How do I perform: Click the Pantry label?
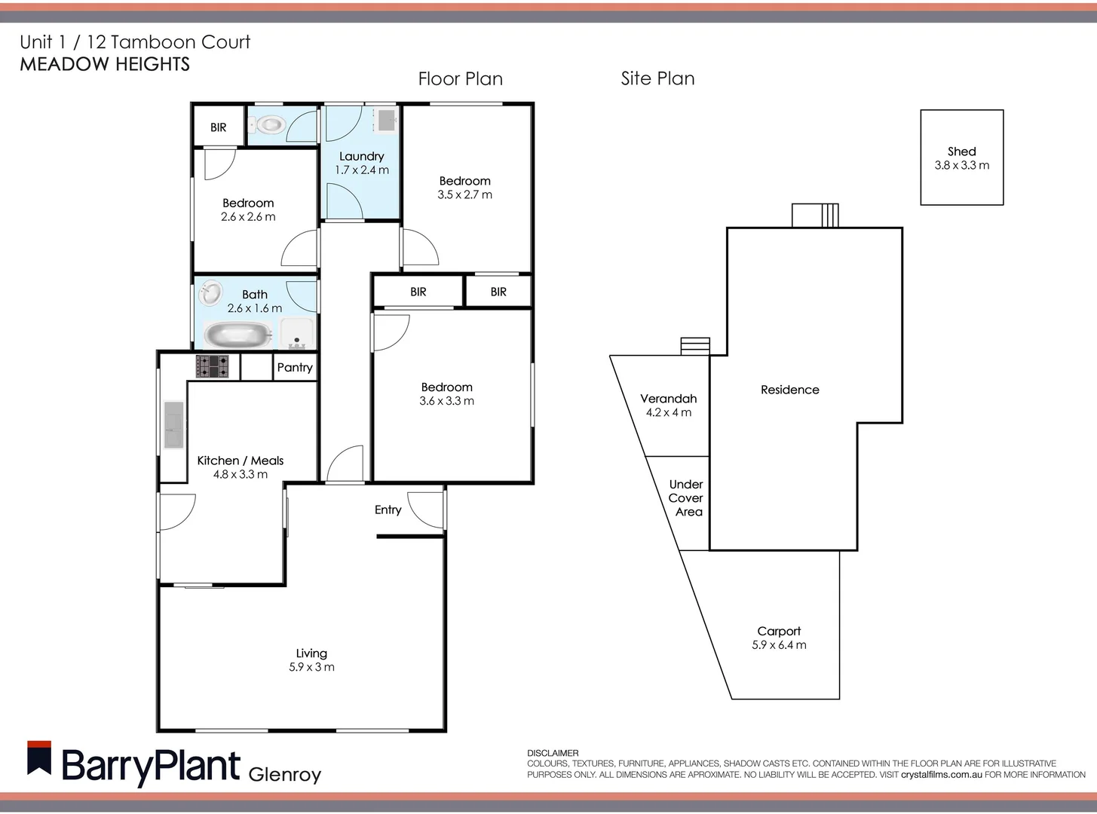294,367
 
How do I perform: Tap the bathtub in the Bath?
238,335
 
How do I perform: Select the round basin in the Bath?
211,292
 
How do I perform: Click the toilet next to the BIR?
268,124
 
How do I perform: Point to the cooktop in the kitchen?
213,366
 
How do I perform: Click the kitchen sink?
173,425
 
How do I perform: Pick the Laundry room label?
361,156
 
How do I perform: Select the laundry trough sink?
387,119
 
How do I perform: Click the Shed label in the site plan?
961,151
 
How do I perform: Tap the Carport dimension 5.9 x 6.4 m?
779,645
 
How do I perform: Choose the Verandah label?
668,399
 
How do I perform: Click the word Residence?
789,390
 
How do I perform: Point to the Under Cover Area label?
686,498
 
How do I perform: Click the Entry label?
388,510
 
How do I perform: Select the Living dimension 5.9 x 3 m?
311,667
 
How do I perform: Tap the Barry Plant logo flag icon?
39,758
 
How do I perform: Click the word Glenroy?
284,774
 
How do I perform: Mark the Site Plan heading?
657,78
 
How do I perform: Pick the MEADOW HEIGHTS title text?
105,64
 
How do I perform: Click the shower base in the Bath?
297,334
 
